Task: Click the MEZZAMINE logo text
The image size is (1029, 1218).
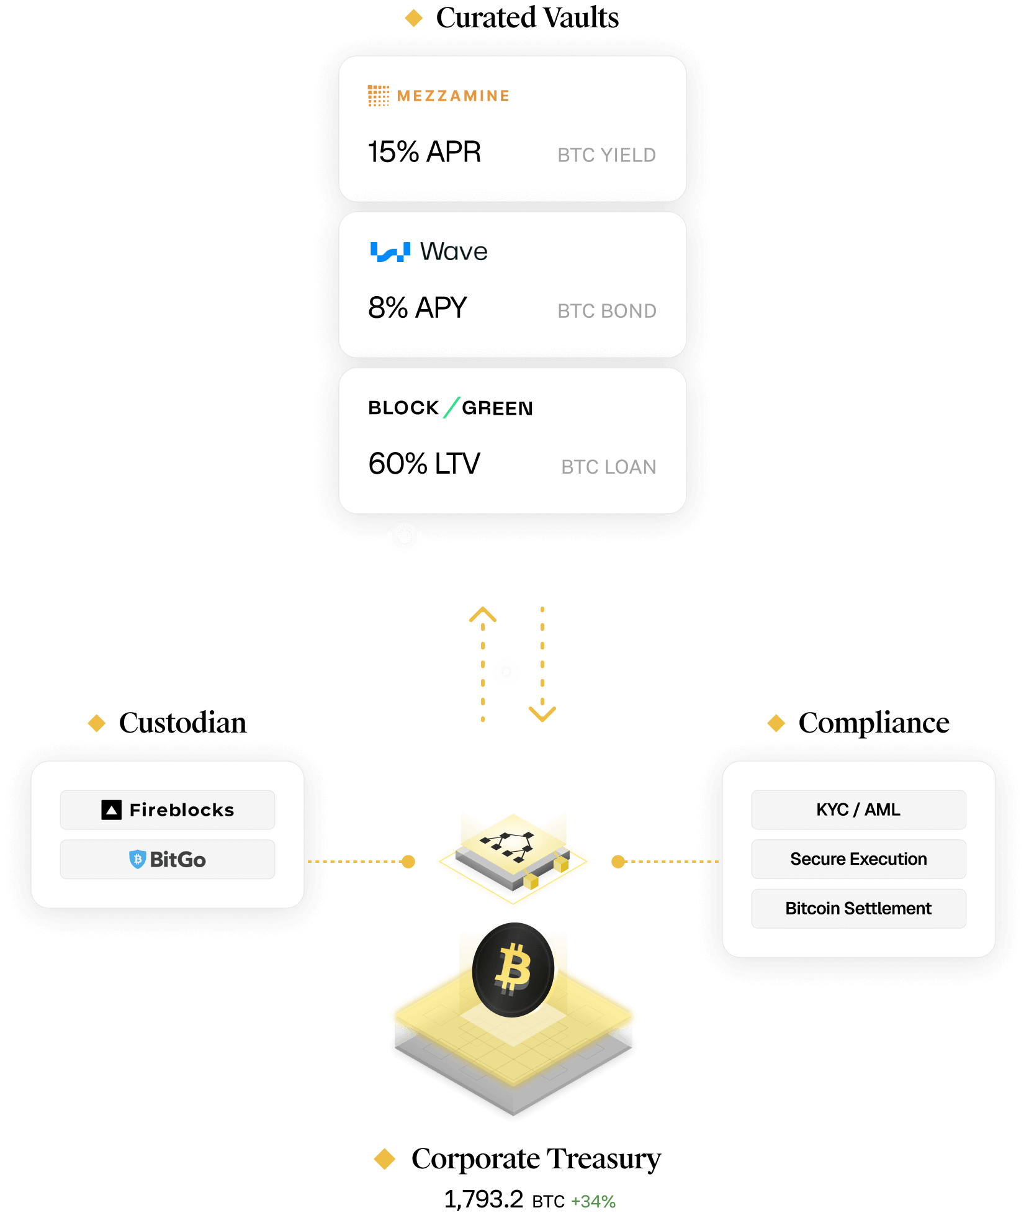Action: [452, 96]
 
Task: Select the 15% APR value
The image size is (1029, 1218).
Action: [425, 152]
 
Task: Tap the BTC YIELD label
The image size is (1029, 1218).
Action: [606, 155]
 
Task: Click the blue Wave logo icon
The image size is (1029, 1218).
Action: [390, 251]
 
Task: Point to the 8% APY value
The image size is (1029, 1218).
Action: [417, 308]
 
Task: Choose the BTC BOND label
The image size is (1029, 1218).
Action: [606, 311]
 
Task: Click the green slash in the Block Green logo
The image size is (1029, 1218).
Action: [451, 407]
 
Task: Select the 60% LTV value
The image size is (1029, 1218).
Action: [424, 464]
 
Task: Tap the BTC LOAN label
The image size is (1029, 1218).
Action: [608, 467]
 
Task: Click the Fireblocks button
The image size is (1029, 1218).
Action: [168, 810]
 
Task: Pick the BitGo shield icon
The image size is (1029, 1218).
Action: [137, 859]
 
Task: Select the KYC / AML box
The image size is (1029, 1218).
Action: [858, 810]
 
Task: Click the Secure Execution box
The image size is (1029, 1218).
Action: [858, 859]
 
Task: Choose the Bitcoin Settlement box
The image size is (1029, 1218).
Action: [858, 908]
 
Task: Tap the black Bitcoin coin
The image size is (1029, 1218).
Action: [513, 970]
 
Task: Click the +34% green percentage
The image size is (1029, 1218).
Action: [593, 1201]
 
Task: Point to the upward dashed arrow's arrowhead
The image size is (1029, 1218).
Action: [483, 615]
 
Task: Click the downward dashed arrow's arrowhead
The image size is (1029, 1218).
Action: [542, 715]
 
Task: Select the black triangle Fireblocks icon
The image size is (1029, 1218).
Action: [112, 810]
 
